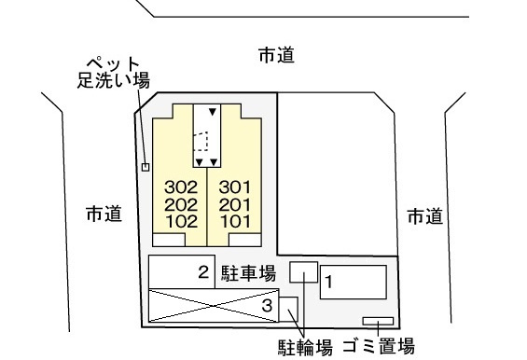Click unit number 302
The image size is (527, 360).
[181, 187]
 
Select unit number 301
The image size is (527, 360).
[235, 187]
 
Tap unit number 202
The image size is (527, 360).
[181, 204]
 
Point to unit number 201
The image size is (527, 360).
[235, 204]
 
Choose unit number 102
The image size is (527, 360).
[182, 221]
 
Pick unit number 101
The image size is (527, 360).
[235, 221]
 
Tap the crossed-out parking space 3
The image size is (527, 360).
[214, 306]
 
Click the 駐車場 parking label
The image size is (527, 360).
[248, 273]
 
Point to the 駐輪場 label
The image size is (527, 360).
[305, 347]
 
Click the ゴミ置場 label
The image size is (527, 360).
[379, 346]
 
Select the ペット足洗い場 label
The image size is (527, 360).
[114, 73]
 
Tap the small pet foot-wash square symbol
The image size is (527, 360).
[146, 167]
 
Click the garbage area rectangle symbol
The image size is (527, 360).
[378, 321]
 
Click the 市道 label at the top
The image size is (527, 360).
[276, 55]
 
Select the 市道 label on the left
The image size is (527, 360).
[104, 214]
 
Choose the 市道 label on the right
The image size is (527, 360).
[424, 216]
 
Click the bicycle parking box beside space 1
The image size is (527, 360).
[304, 272]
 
